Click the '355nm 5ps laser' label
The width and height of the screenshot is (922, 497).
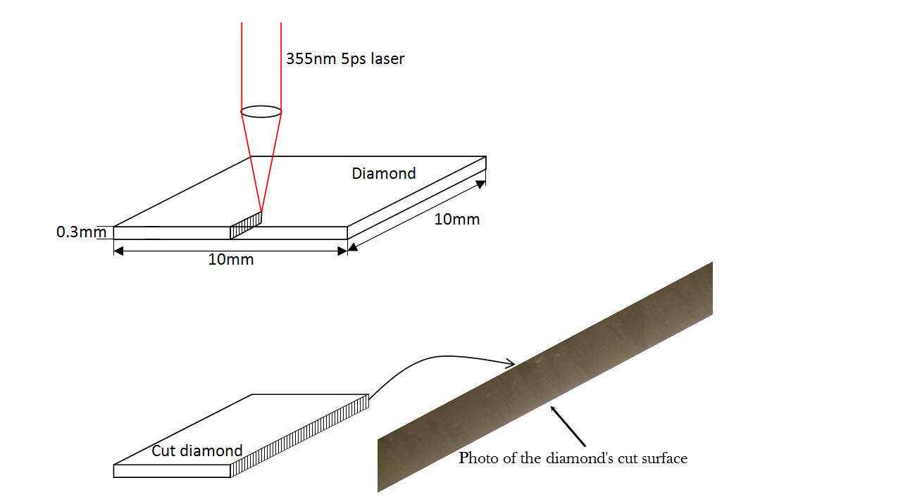(x=345, y=59)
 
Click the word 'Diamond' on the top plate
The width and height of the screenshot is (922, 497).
(x=384, y=173)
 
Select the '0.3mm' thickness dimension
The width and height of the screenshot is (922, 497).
(x=81, y=232)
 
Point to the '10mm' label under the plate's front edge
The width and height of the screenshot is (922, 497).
(x=231, y=260)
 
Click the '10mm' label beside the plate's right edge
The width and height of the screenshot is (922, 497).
(x=457, y=220)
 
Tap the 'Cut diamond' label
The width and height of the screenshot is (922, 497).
(x=197, y=451)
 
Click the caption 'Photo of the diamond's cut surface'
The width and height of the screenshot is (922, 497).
(x=573, y=458)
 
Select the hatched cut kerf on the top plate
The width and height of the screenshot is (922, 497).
(x=246, y=225)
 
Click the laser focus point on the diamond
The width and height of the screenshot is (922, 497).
(x=261, y=211)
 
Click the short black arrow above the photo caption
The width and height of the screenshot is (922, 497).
(x=568, y=426)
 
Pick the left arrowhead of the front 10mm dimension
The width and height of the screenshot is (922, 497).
(x=118, y=251)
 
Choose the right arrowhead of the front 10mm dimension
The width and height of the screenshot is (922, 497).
(x=342, y=251)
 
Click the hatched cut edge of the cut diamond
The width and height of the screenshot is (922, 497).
(x=299, y=436)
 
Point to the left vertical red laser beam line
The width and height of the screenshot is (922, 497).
(x=242, y=67)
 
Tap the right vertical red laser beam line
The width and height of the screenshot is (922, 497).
(x=281, y=67)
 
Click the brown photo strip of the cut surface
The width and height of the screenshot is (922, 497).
(x=545, y=377)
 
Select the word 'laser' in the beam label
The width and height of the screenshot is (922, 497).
(x=387, y=59)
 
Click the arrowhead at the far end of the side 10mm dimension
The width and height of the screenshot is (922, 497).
(x=480, y=184)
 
